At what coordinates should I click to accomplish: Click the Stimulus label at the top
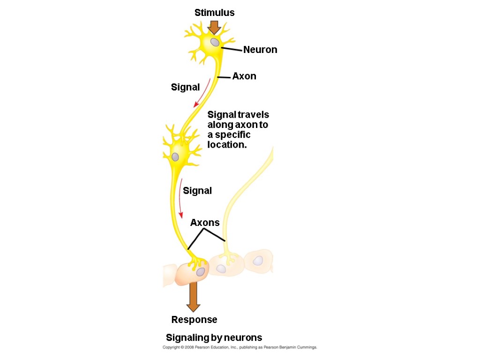[x=214, y=13]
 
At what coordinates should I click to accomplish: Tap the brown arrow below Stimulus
[x=214, y=27]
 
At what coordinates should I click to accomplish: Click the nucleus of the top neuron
[x=214, y=42]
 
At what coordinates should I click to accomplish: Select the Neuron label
[x=260, y=50]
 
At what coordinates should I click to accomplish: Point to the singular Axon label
[x=244, y=76]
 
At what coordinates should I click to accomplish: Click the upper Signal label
[x=185, y=87]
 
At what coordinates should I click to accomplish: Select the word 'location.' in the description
[x=227, y=145]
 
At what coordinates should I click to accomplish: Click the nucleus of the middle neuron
[x=175, y=157]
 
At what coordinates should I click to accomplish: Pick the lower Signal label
[x=197, y=191]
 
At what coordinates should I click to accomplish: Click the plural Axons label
[x=205, y=223]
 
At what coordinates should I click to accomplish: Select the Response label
[x=194, y=320]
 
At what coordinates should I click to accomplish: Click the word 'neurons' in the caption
[x=243, y=337]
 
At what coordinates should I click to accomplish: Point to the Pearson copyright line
[x=240, y=347]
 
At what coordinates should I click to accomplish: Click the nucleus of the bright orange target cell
[x=201, y=271]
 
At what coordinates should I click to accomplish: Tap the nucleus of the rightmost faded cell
[x=258, y=261]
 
